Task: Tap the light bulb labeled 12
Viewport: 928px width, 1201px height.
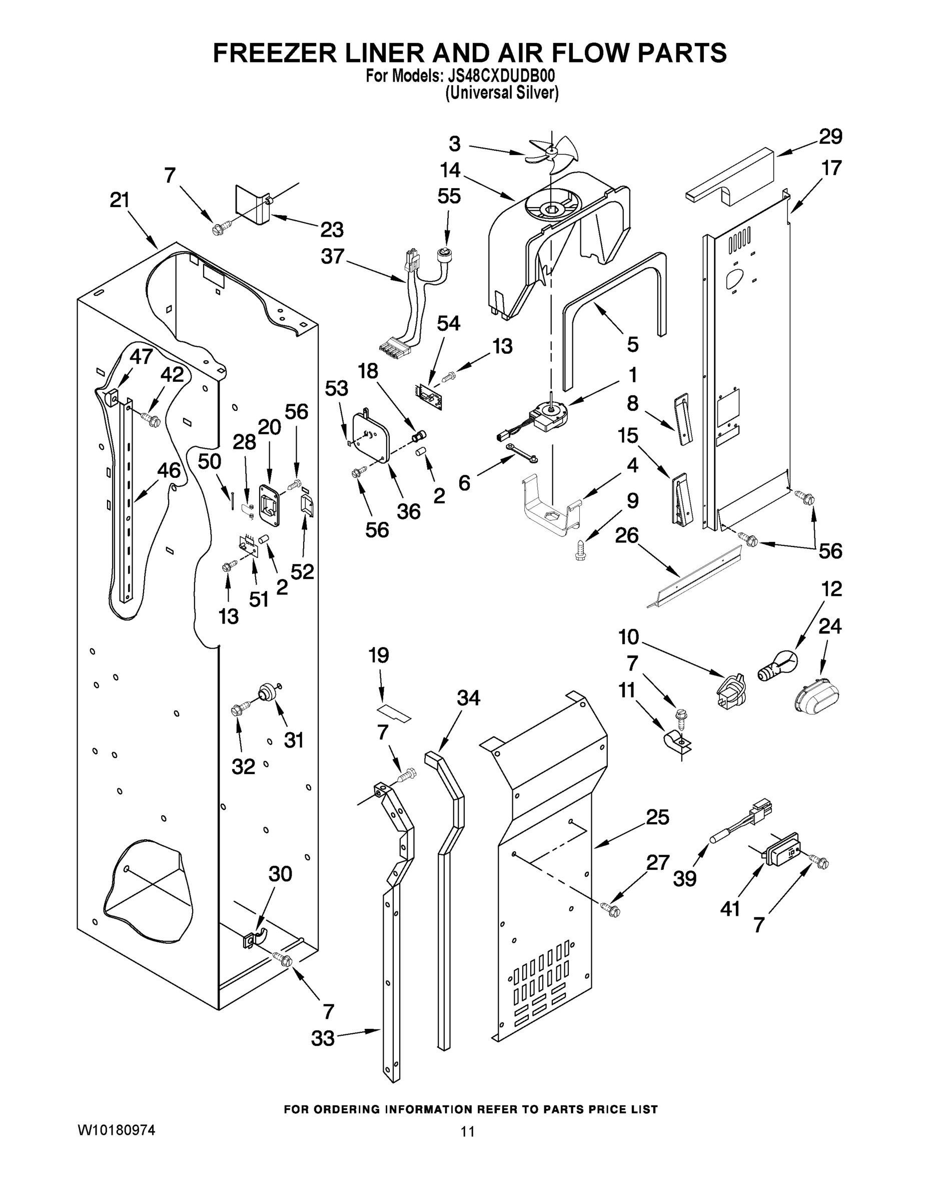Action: (x=778, y=666)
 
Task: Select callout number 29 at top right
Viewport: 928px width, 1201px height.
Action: (x=830, y=137)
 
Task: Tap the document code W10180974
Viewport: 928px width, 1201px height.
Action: (x=116, y=1174)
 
